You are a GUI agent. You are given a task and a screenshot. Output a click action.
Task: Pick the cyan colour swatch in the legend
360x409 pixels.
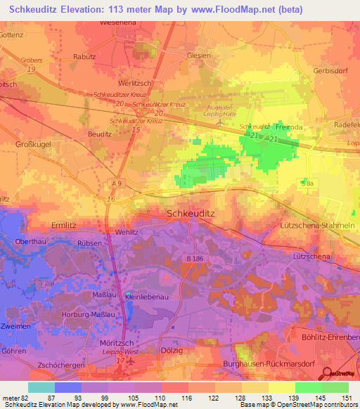tap(41, 387)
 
